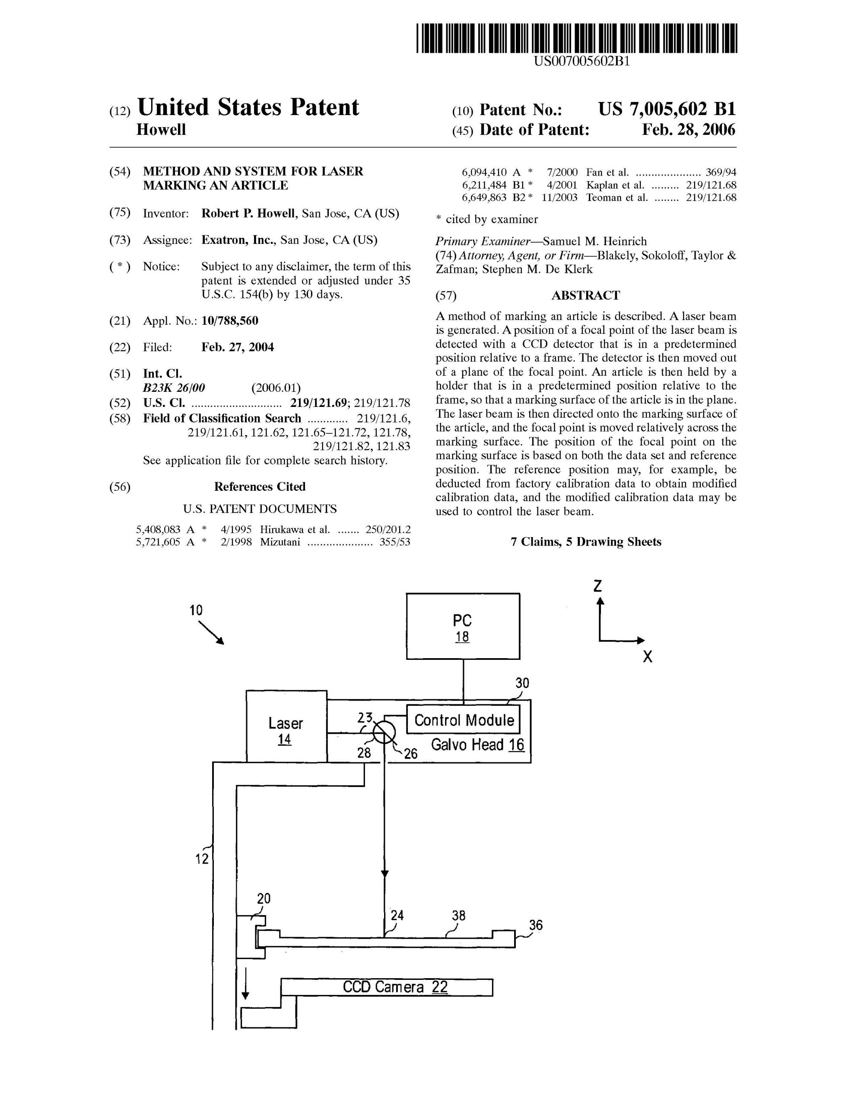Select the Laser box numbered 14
pyautogui.click(x=286, y=726)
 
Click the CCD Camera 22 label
pyautogui.click(x=395, y=987)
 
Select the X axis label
pyautogui.click(x=647, y=657)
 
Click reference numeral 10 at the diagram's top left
pyautogui.click(x=196, y=610)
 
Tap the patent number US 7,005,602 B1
pyautogui.click(x=667, y=109)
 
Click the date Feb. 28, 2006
pyautogui.click(x=688, y=130)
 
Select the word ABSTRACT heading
pyautogui.click(x=585, y=295)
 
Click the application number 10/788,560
pyautogui.click(x=229, y=321)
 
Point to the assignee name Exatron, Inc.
pyautogui.click(x=238, y=240)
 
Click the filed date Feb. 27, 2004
pyautogui.click(x=238, y=347)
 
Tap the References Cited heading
pyautogui.click(x=259, y=486)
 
